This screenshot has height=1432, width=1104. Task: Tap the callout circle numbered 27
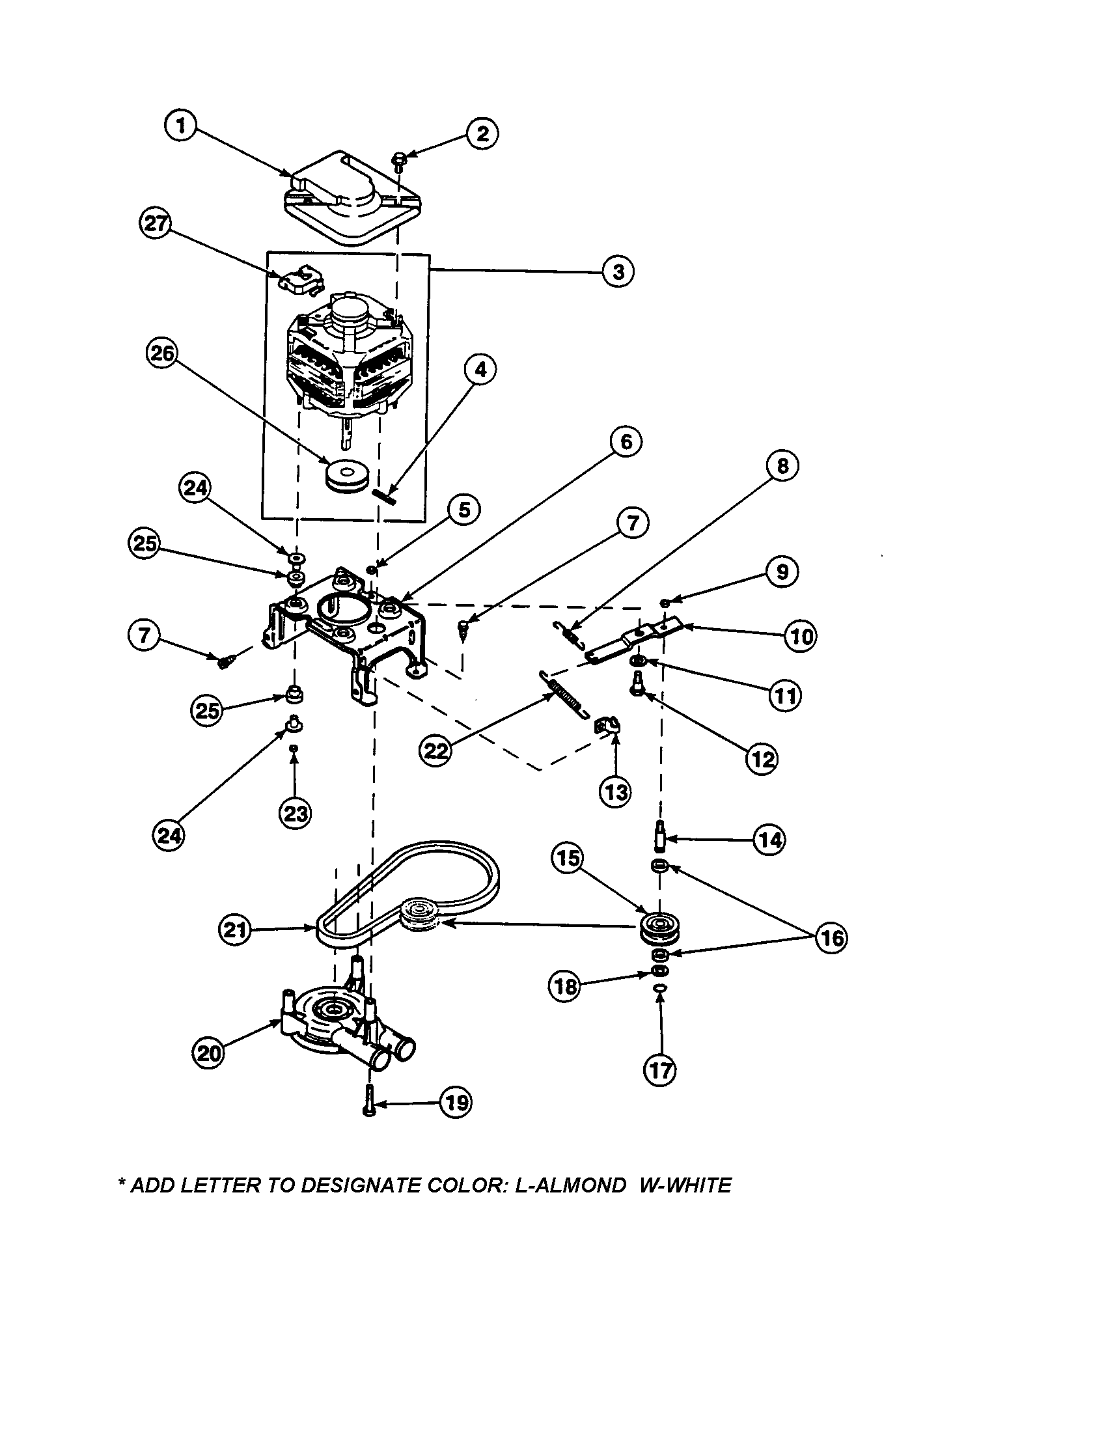coord(156,223)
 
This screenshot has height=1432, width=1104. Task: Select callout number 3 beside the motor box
coord(618,271)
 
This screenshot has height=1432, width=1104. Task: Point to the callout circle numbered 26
coord(161,353)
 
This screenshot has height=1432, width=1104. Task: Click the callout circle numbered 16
coord(831,938)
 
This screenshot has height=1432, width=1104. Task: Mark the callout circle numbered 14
coord(769,839)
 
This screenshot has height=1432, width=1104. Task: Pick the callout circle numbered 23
coord(295,814)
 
